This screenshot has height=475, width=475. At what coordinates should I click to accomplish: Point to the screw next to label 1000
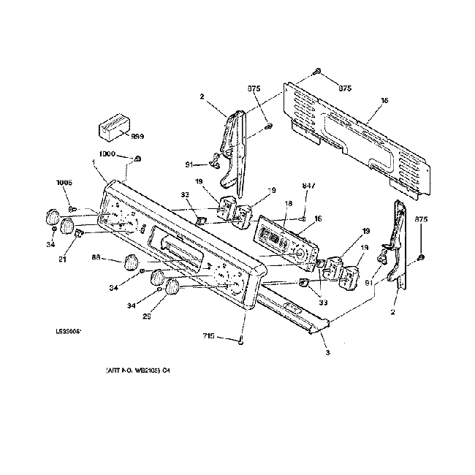[x=138, y=159]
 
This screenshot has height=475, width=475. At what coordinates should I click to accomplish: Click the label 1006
[x=64, y=183]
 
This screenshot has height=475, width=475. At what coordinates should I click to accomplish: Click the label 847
[x=309, y=187]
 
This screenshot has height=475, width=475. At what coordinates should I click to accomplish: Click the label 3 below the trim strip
[x=327, y=353]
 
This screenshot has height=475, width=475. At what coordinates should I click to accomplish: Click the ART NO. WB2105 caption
[x=138, y=370]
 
